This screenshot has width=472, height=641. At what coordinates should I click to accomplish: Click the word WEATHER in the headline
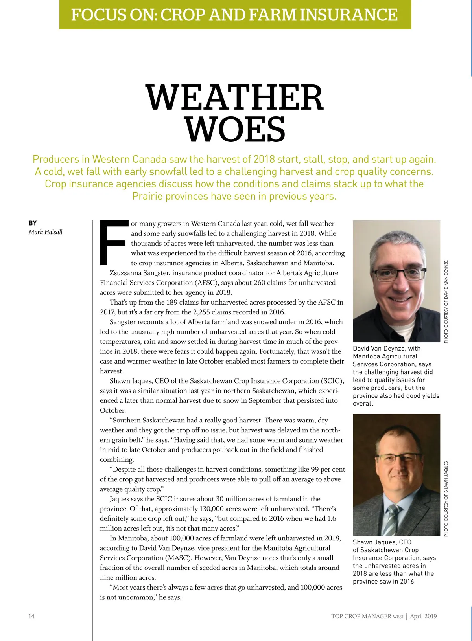(235, 98)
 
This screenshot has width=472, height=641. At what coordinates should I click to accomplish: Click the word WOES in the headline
(235, 129)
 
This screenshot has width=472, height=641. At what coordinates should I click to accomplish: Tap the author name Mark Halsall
(45, 232)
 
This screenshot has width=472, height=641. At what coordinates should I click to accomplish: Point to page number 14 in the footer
(31, 616)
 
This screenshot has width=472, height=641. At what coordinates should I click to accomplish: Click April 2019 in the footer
(423, 616)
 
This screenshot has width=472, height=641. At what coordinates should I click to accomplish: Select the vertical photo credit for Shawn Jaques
(446, 498)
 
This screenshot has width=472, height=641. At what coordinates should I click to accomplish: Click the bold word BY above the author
(33, 223)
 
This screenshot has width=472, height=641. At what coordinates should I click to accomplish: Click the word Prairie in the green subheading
(147, 196)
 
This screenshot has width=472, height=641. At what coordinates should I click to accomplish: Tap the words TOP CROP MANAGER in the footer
(361, 616)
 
